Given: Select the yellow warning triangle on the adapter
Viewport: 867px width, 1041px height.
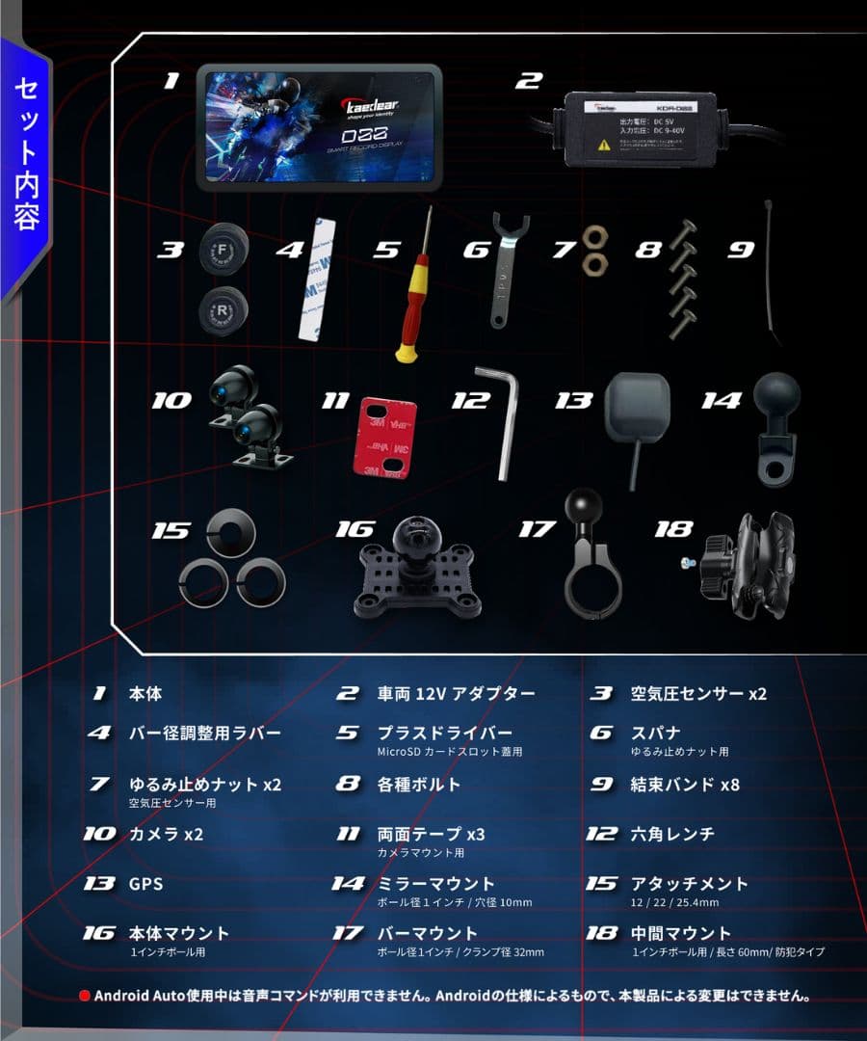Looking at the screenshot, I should click(x=604, y=145).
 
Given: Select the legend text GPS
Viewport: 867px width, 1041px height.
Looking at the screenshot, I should click(x=146, y=883).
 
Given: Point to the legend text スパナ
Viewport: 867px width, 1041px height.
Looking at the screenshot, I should click(x=655, y=733).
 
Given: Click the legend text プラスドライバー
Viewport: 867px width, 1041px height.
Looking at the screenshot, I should click(x=444, y=734).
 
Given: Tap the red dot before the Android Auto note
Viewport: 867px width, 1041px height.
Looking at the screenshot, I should click(x=85, y=996).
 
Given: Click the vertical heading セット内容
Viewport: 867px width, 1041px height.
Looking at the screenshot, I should click(x=27, y=154).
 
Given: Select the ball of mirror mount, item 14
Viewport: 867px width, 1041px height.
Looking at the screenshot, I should click(x=775, y=399).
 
